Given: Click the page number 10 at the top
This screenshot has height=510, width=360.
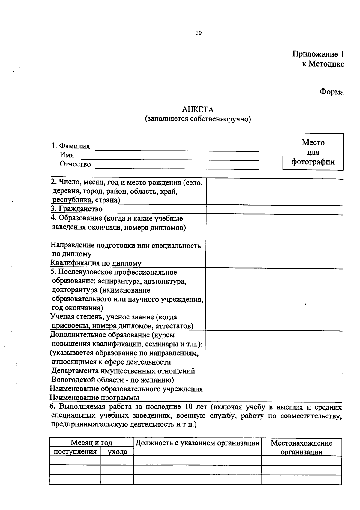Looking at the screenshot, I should click(199, 33).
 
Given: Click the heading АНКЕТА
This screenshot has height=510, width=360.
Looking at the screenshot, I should click(198, 109).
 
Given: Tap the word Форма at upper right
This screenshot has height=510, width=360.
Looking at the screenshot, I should click(331, 92).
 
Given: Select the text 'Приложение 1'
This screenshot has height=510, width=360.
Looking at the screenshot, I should click(318, 54).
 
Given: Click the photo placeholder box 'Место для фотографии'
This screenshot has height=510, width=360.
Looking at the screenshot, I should click(313, 152).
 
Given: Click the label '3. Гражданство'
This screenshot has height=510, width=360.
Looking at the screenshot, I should click(77, 209).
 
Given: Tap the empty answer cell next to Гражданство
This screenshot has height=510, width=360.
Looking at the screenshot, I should click(274, 210).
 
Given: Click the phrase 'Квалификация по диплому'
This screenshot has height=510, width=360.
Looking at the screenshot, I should click(96, 263).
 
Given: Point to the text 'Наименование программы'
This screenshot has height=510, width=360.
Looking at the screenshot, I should click(94, 398).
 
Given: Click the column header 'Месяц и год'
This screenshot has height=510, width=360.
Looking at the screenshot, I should click(91, 443).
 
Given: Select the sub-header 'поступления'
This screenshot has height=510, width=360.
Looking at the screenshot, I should click(75, 452).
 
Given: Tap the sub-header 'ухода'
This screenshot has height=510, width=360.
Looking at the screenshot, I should click(117, 452).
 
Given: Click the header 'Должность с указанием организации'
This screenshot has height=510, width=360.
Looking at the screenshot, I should click(197, 443).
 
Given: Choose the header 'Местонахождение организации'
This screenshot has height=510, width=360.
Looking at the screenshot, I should click(301, 447).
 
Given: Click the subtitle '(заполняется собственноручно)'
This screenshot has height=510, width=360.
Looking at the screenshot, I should click(198, 119).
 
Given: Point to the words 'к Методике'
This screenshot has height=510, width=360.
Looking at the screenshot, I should click(323, 64).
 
